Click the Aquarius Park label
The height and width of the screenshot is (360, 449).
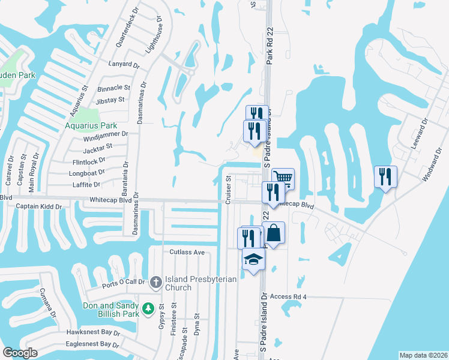(x=91, y=126)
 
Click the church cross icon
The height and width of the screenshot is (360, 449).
(x=155, y=281)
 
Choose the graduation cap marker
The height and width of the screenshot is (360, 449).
(x=253, y=259)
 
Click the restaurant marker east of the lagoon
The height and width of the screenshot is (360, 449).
(x=385, y=176)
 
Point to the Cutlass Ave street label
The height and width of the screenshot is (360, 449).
(x=187, y=253)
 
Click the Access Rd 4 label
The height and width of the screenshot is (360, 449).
(x=288, y=297)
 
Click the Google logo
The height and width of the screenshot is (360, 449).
(x=20, y=353)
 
